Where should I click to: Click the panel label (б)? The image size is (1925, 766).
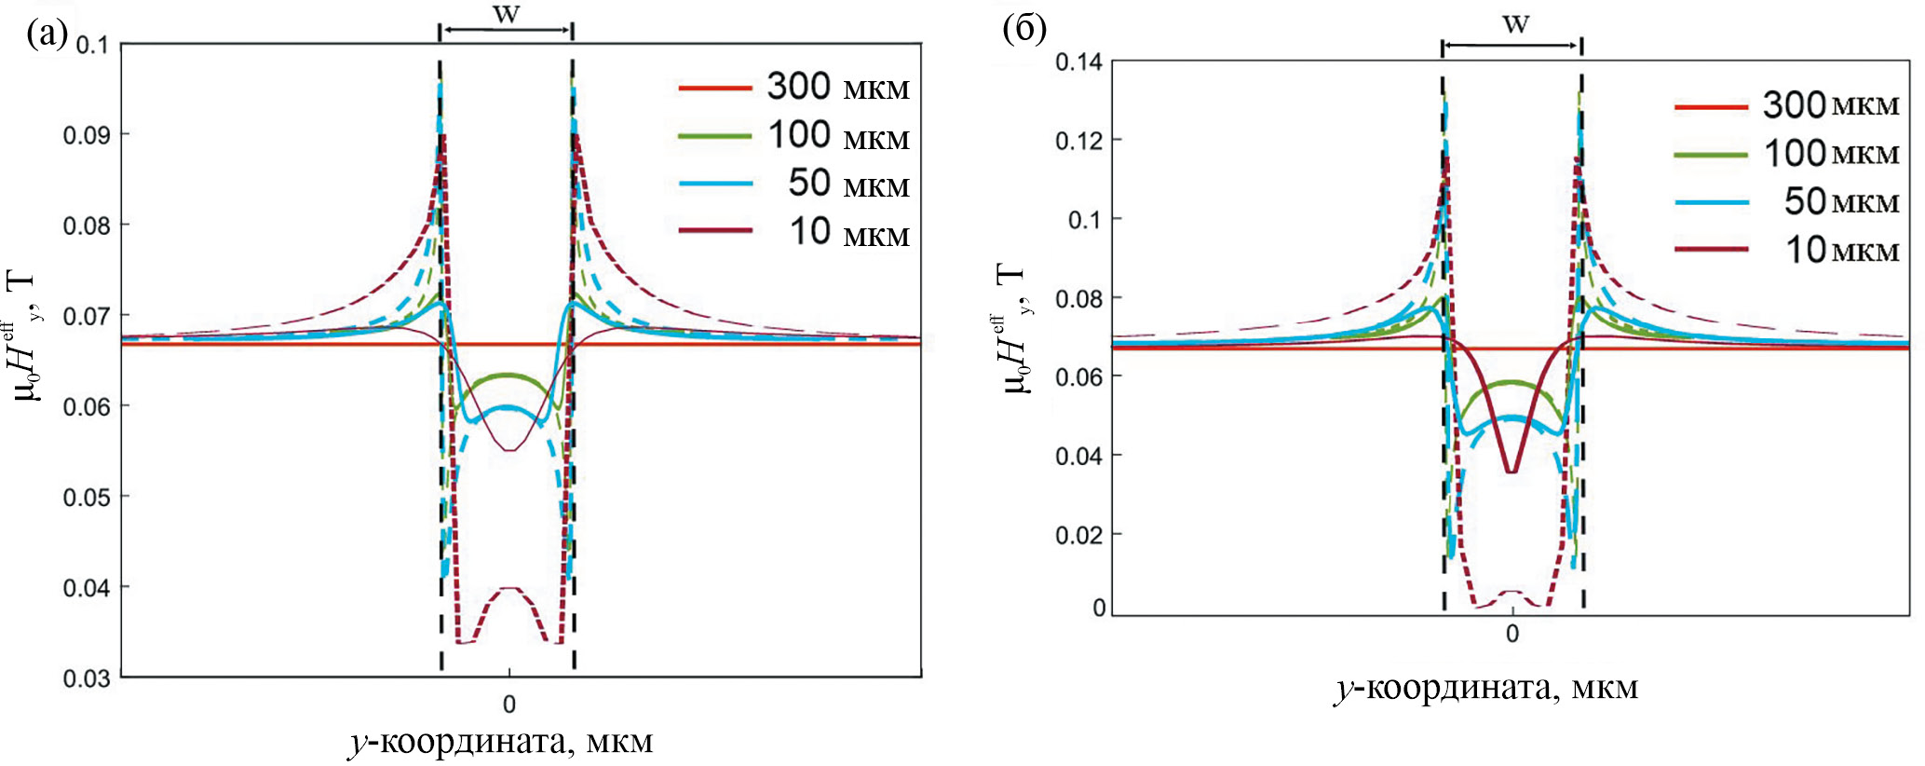[1024, 29]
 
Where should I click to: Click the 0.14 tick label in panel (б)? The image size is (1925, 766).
[1078, 62]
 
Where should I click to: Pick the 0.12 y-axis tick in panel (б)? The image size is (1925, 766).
[1078, 141]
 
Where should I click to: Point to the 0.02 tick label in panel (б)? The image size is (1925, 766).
[1078, 536]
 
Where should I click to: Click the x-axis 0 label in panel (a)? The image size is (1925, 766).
[509, 704]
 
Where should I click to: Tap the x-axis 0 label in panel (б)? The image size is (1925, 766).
[1512, 635]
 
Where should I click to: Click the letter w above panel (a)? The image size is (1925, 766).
[506, 15]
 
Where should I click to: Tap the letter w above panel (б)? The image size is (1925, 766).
[1515, 24]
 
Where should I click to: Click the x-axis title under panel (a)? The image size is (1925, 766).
[501, 742]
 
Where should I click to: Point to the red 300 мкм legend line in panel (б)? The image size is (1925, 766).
[1710, 107]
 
